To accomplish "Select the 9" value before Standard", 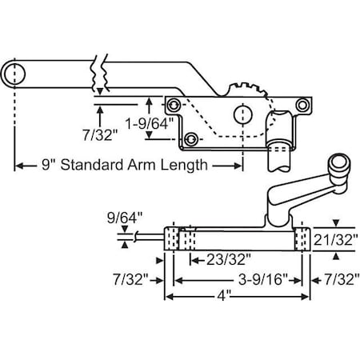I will pyautogui.click(x=50, y=166).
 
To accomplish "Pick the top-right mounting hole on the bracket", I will pyautogui.click(x=301, y=106).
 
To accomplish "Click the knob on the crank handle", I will pyautogui.click(x=339, y=166).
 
